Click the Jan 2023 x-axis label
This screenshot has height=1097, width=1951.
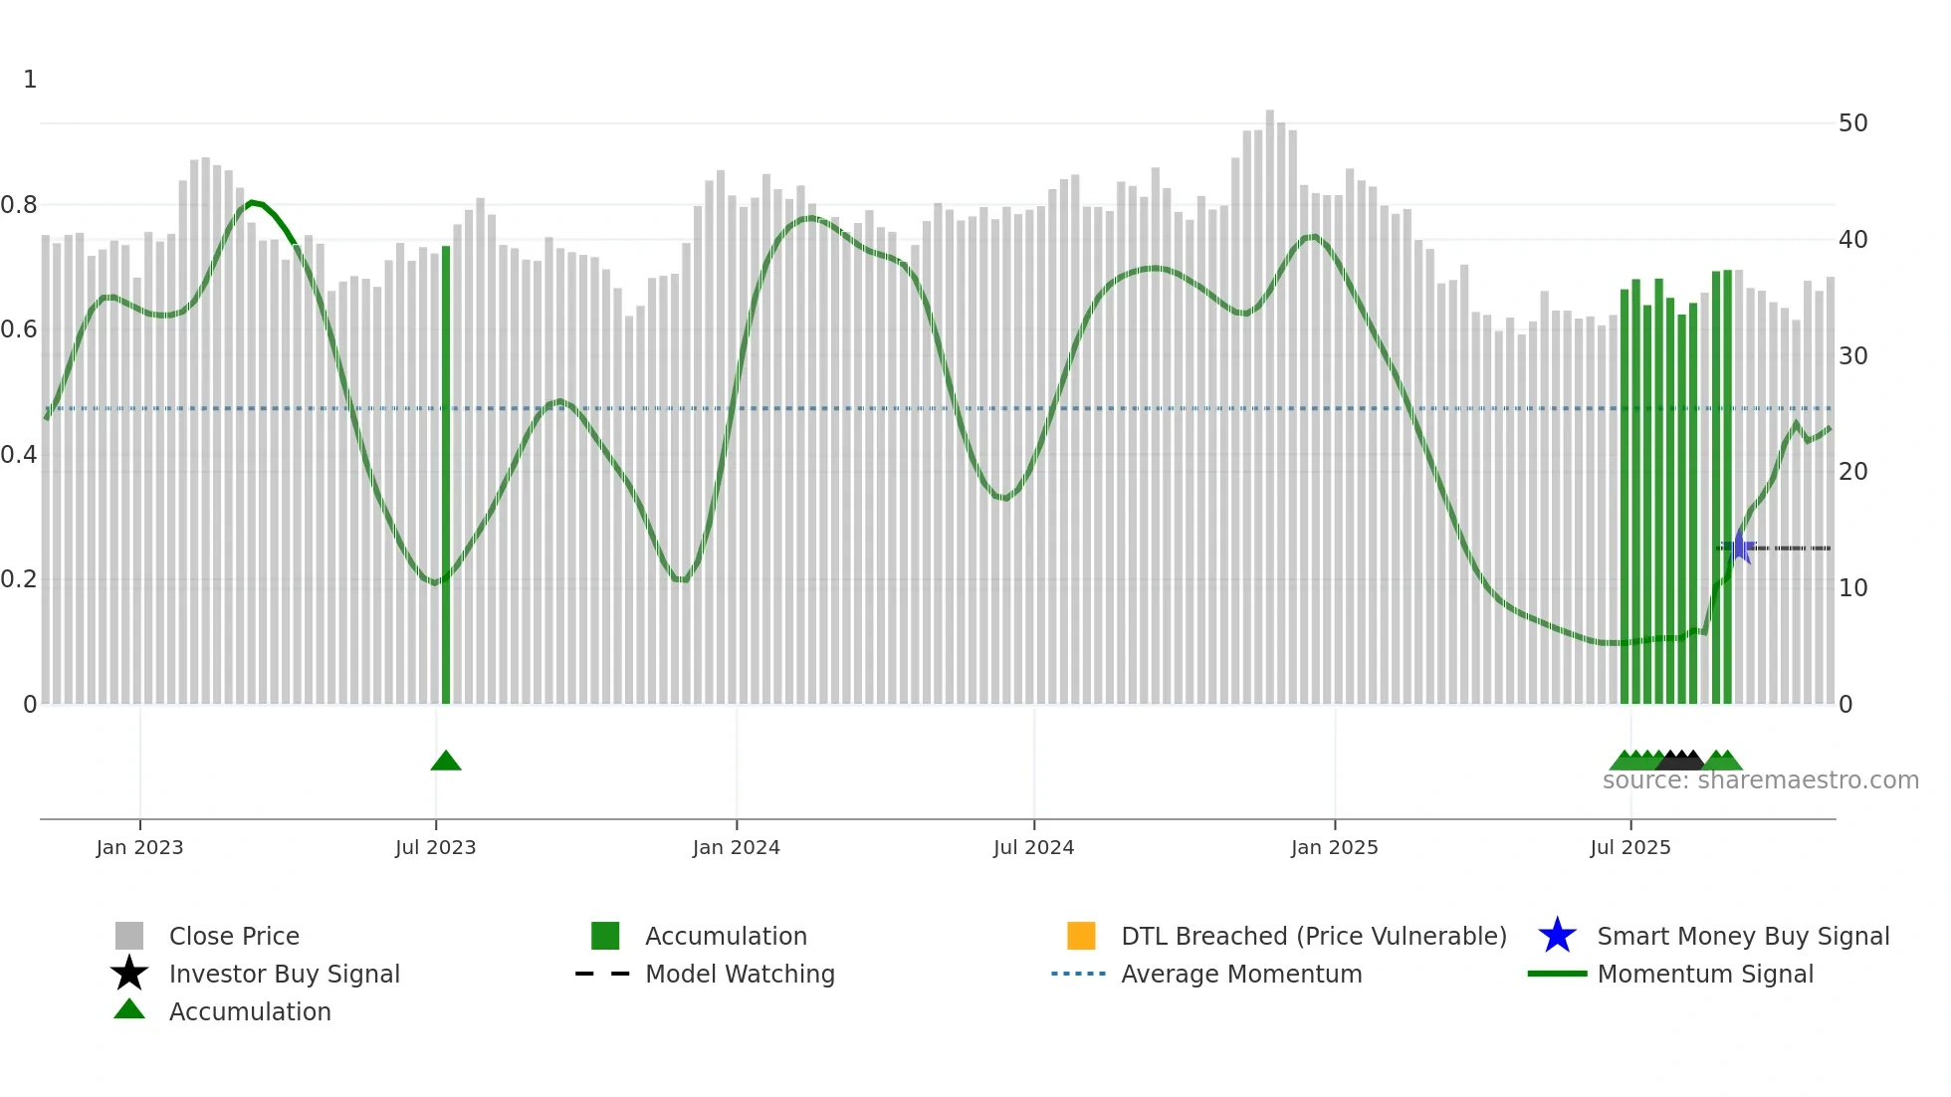[139, 847]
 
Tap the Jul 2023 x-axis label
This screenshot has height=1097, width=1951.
[435, 847]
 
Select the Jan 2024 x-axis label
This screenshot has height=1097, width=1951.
[736, 847]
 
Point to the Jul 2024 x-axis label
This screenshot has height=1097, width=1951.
[1033, 847]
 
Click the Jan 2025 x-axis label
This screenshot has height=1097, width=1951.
[1334, 847]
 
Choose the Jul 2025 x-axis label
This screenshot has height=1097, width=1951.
[1629, 847]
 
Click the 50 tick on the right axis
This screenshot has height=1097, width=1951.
[1852, 123]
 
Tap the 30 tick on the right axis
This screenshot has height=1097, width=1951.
[1852, 355]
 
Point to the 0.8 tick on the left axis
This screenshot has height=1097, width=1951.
[19, 205]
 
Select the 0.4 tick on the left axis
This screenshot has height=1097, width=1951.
[19, 455]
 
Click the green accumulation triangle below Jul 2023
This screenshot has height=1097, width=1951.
[446, 762]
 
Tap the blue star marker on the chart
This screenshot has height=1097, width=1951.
[1739, 548]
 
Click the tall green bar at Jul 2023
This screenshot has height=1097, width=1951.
[446, 478]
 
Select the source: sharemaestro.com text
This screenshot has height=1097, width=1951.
[1760, 780]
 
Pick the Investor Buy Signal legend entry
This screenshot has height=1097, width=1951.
[284, 974]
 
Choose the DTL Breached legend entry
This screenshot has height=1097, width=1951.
[1313, 936]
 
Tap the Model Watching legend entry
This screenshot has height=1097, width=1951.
[739, 974]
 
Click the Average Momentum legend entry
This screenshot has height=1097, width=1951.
[1240, 974]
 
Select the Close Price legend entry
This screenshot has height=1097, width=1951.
[233, 936]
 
